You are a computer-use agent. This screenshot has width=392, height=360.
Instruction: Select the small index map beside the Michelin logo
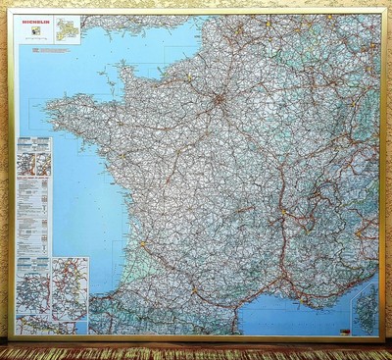click(x=67, y=28)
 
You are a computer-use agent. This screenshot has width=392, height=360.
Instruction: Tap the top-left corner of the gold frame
click(x=10, y=11)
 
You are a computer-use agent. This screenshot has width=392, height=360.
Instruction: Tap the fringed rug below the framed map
click(x=196, y=352)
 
